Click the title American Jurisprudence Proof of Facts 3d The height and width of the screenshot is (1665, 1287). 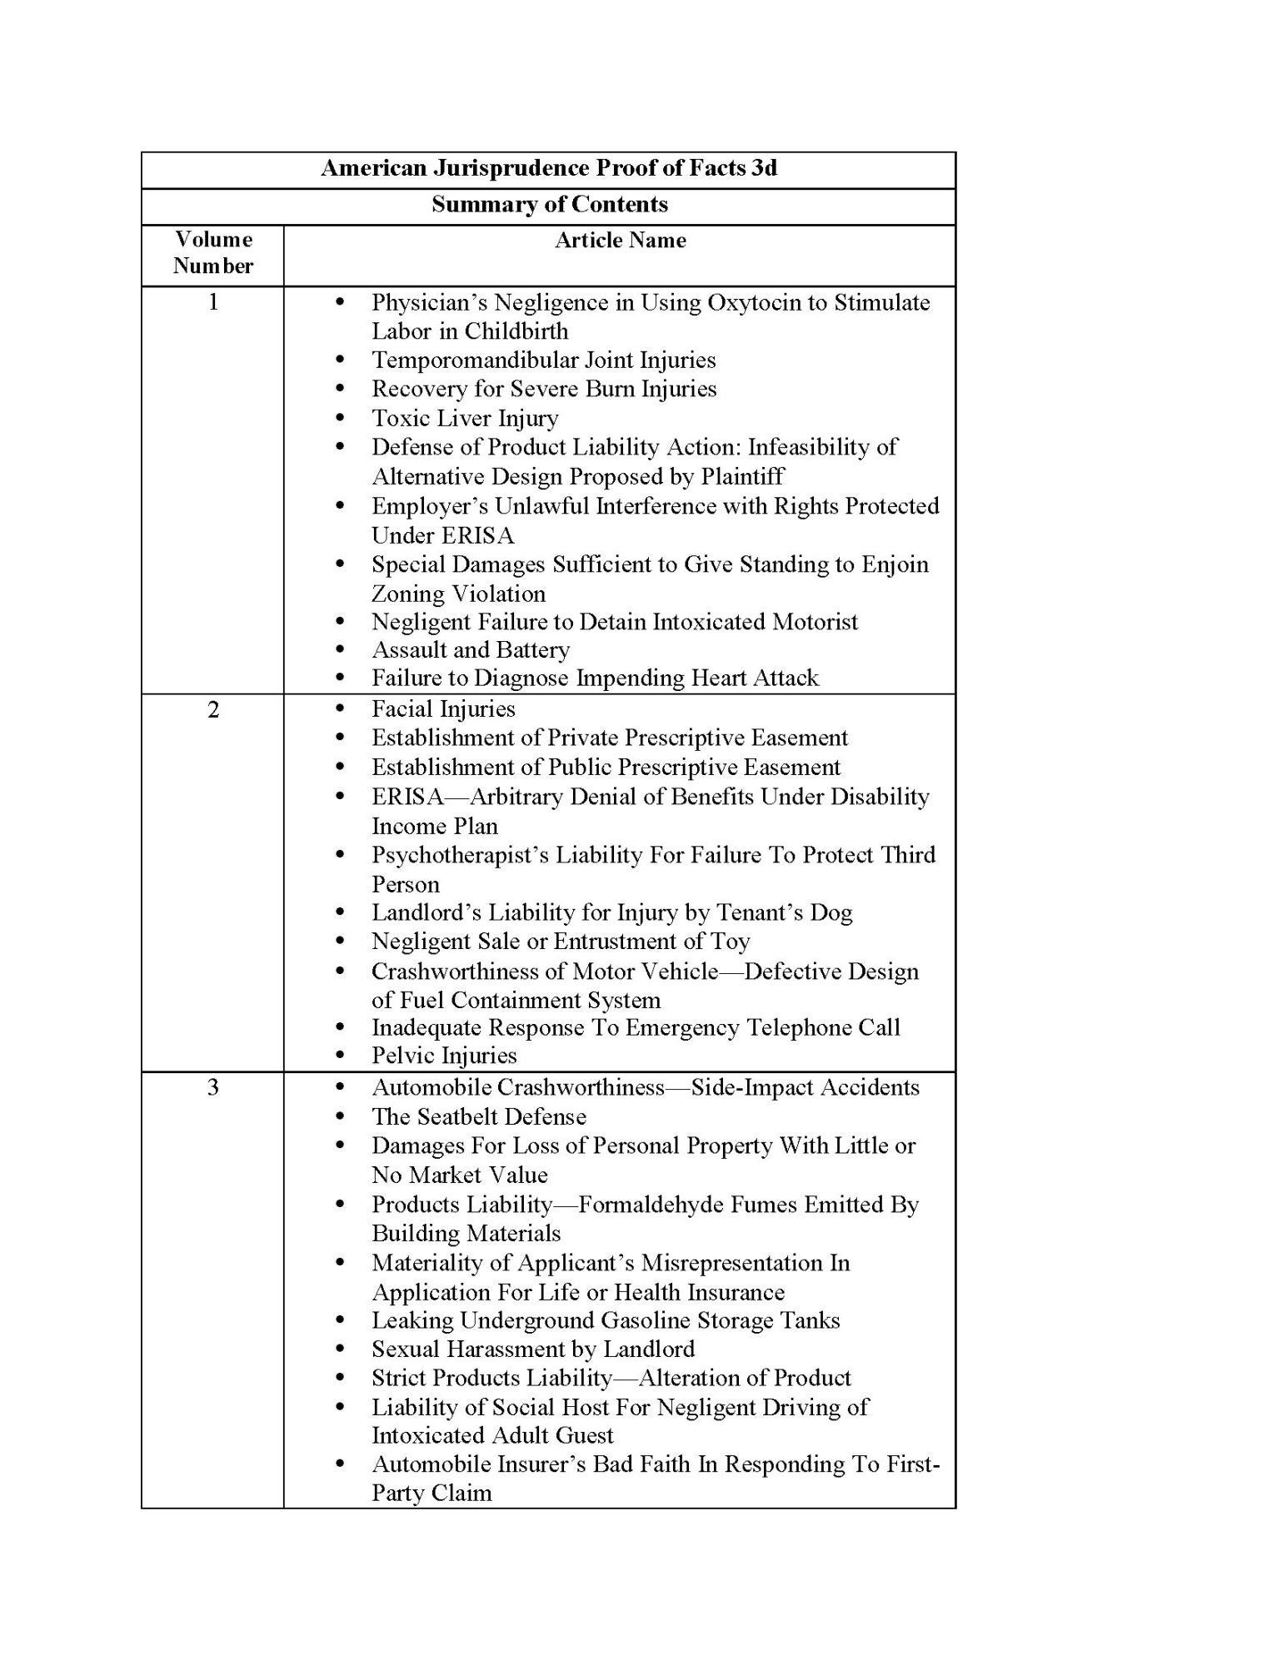[x=549, y=168]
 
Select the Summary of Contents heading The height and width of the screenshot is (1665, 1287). [x=549, y=205]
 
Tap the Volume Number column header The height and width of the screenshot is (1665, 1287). [x=213, y=253]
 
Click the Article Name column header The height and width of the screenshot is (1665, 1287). [x=621, y=241]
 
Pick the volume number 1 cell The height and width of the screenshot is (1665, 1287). [x=213, y=302]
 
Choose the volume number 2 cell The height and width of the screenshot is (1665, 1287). [x=213, y=709]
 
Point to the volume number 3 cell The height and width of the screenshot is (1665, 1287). [x=213, y=1087]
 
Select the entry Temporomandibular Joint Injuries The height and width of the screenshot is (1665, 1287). [x=543, y=360]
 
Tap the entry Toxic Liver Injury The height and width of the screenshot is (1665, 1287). [x=464, y=418]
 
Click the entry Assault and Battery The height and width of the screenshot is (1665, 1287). [x=471, y=649]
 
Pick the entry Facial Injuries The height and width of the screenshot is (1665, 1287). [x=443, y=709]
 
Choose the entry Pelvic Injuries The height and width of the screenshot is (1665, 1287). [x=444, y=1056]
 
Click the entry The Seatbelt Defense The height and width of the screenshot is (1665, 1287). [x=479, y=1116]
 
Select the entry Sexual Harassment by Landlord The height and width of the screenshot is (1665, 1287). [x=532, y=1349]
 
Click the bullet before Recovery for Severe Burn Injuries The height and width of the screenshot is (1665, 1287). [x=339, y=389]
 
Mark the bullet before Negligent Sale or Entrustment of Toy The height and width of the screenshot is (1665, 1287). [x=339, y=942]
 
